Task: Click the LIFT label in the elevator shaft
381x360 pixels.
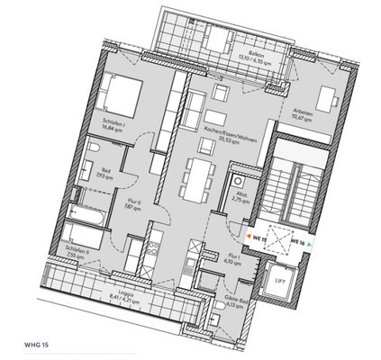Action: (x=282, y=283)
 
